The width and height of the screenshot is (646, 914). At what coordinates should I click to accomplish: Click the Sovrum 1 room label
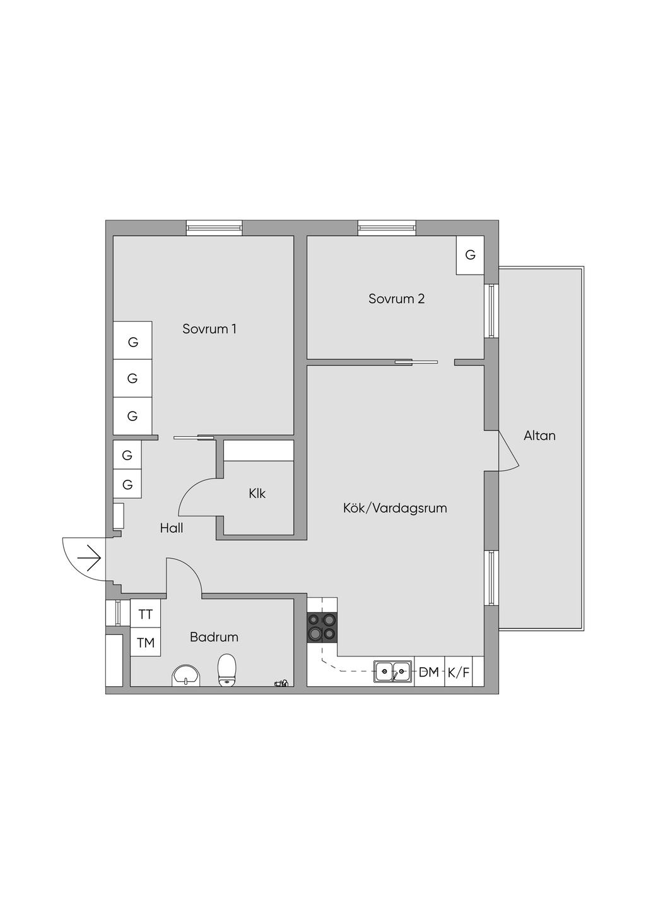(x=209, y=329)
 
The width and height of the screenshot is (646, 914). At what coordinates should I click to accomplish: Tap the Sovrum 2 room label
(x=396, y=299)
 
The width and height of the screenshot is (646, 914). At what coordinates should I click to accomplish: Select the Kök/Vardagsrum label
(x=395, y=507)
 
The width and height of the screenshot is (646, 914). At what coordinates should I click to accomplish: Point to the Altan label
(x=539, y=436)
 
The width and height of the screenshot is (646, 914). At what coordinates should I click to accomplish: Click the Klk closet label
(x=257, y=494)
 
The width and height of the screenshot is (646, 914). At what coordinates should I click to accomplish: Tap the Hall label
(x=171, y=528)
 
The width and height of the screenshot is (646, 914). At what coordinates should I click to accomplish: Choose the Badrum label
(x=214, y=637)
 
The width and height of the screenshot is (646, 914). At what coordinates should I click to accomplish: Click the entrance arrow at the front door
(x=89, y=558)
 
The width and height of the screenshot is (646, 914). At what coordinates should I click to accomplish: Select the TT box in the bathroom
(x=145, y=614)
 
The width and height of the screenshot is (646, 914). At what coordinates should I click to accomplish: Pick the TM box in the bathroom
(x=145, y=643)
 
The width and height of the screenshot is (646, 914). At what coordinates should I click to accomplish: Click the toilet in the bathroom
(x=226, y=670)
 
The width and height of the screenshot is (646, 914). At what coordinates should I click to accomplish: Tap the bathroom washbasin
(x=186, y=675)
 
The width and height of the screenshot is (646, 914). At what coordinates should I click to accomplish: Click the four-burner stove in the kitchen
(x=322, y=628)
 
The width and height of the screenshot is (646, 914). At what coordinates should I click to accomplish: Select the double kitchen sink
(x=393, y=672)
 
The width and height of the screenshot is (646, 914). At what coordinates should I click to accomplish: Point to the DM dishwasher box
(x=429, y=672)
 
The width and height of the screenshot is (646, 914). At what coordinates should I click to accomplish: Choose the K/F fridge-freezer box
(x=459, y=672)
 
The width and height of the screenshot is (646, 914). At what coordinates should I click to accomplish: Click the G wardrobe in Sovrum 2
(x=470, y=255)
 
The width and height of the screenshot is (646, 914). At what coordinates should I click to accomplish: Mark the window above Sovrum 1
(x=214, y=228)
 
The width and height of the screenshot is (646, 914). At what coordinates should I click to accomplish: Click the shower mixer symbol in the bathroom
(x=281, y=682)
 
